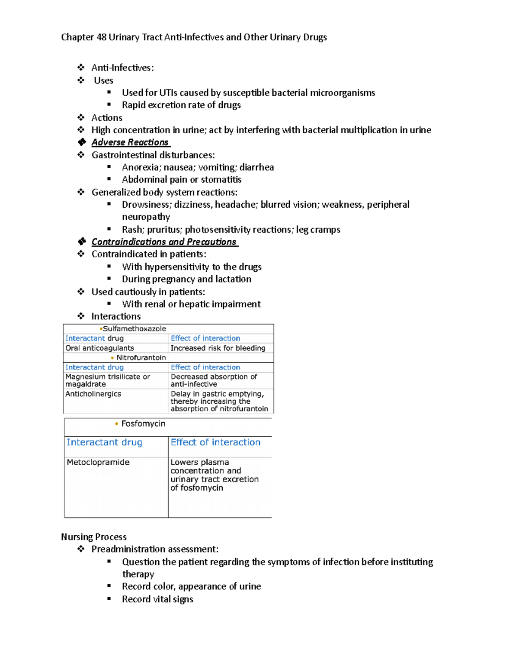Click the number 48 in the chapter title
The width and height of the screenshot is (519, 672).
[x=101, y=37]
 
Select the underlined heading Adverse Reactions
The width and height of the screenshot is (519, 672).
[x=130, y=142]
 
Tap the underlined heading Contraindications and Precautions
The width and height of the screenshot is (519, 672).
[x=164, y=242]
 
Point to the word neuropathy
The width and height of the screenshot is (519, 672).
[x=146, y=217]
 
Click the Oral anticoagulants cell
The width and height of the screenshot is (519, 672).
[x=99, y=348]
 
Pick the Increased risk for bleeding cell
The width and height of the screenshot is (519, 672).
[x=218, y=348]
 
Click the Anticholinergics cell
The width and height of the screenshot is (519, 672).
[x=93, y=394]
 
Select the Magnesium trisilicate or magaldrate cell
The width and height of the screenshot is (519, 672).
[x=107, y=380]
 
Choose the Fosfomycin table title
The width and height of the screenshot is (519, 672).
[x=143, y=424]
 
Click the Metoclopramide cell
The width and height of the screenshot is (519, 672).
[x=98, y=462]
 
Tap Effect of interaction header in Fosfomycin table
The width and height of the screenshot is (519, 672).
[x=215, y=442]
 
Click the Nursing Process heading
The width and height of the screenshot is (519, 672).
[x=94, y=537]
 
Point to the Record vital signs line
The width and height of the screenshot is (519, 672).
[x=157, y=599]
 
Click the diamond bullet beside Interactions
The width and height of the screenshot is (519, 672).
[x=81, y=316]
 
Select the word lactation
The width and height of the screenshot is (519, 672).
[x=233, y=279]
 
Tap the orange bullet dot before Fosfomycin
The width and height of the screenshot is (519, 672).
[x=116, y=424]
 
